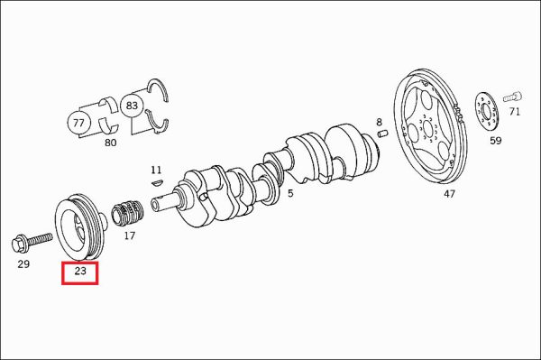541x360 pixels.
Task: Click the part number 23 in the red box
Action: click(x=80, y=271)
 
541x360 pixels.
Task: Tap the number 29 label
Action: click(x=23, y=264)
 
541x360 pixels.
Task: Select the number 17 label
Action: click(x=129, y=235)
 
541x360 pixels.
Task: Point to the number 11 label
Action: click(x=156, y=170)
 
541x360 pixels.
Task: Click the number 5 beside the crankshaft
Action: click(x=290, y=193)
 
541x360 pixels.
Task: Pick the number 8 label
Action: click(x=380, y=122)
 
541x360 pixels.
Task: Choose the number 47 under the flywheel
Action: click(x=449, y=194)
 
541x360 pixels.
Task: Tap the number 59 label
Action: click(x=496, y=141)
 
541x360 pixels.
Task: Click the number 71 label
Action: click(x=515, y=112)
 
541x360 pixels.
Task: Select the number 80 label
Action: click(x=110, y=143)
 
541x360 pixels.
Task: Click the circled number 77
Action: click(x=78, y=123)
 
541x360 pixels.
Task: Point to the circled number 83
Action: click(x=132, y=106)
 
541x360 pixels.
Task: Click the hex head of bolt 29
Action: click(x=20, y=244)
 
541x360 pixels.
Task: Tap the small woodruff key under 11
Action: click(x=157, y=182)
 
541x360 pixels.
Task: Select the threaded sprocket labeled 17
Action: click(x=127, y=213)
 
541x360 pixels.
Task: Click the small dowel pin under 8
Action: click(x=383, y=133)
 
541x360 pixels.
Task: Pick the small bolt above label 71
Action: click(x=513, y=97)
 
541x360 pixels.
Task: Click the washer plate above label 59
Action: click(x=487, y=112)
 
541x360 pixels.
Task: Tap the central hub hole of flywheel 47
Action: click(x=427, y=129)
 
